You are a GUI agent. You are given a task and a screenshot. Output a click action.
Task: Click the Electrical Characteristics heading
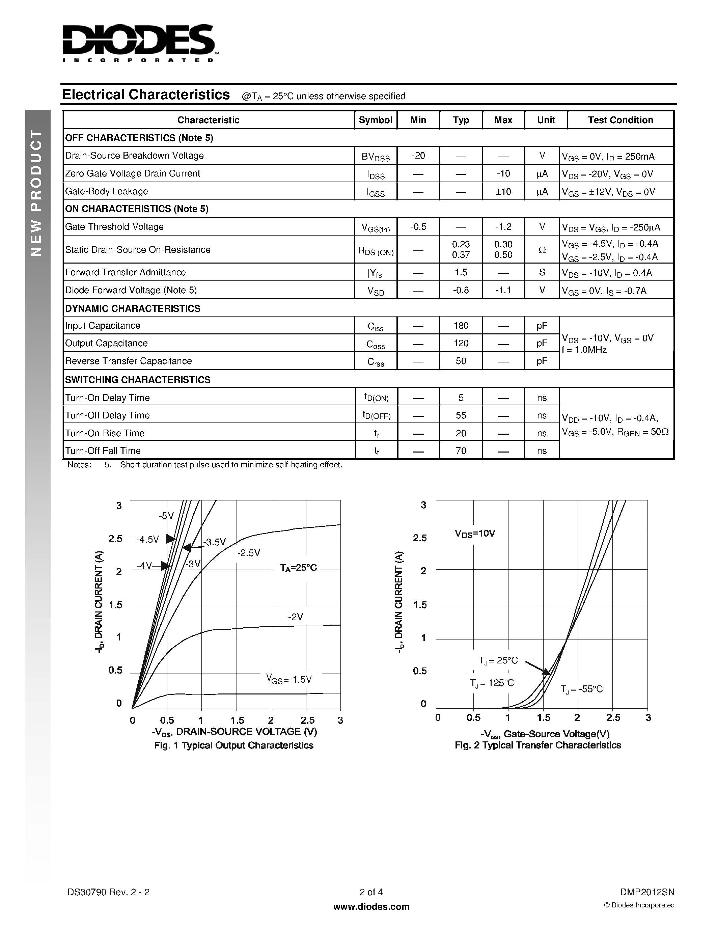pos(146,95)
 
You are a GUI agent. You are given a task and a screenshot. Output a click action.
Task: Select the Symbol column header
pos(375,120)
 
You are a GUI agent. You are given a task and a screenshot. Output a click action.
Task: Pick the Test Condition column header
pos(620,120)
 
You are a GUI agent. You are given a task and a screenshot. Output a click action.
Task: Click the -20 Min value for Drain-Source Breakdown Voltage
pos(418,156)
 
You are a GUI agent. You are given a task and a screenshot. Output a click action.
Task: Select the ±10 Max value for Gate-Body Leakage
pos(503,192)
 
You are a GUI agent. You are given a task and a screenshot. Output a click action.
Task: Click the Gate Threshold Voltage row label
pos(114,227)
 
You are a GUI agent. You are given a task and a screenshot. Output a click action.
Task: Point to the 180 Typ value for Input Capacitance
pos(461,326)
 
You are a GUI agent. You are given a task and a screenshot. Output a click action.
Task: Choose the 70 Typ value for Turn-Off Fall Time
pos(461,451)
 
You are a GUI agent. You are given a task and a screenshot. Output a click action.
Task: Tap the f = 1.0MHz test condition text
pos(584,350)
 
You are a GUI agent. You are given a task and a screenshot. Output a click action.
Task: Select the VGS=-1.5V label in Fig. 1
pos(289,679)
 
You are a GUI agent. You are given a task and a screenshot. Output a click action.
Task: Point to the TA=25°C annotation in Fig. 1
pos(298,568)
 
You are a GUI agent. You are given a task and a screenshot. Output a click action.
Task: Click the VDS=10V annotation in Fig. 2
pos(475,534)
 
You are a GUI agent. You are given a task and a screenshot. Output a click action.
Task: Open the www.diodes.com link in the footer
pos(371,907)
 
